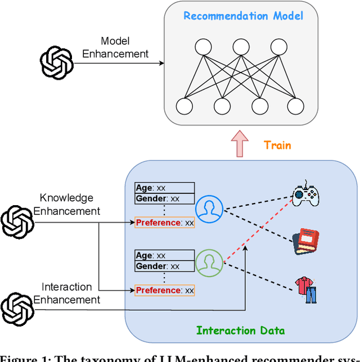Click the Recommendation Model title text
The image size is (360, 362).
(243, 15)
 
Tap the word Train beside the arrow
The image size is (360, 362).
(277, 145)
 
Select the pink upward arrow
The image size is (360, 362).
(241, 144)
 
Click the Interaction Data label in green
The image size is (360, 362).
(240, 331)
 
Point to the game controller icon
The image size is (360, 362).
(305, 194)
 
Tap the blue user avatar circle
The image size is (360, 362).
(209, 210)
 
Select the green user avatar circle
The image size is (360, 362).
(209, 262)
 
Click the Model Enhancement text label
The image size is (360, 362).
(115, 48)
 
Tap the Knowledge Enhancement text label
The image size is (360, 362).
(66, 205)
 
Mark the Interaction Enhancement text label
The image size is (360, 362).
(66, 293)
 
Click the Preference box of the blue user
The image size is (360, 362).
(164, 223)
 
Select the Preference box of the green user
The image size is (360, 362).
(164, 290)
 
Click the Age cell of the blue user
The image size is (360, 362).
(164, 188)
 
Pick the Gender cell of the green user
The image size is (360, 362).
(164, 266)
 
